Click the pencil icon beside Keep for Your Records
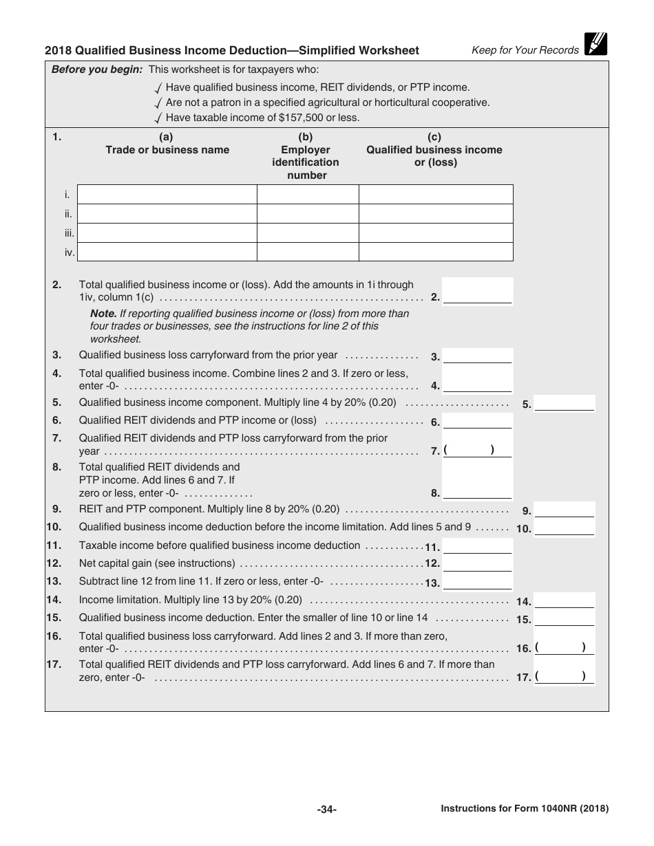coord(595,43)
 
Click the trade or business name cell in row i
coord(167,195)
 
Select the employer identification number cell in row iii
coord(308,232)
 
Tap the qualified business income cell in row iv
coord(436,252)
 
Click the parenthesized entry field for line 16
coord(565,647)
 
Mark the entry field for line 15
coord(565,618)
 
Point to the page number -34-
coord(326,810)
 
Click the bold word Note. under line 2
coord(103,314)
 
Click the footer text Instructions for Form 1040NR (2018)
coord(525,810)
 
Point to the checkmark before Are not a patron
coord(159,103)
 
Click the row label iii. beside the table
coord(70,233)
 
